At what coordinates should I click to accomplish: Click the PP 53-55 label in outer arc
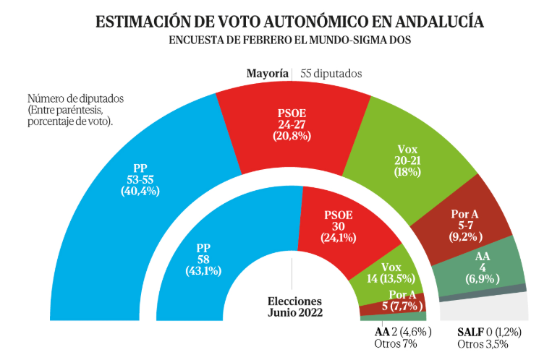140,180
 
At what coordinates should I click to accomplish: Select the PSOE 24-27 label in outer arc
292,124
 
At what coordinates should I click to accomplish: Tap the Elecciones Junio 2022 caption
294,307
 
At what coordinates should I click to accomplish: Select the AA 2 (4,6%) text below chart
403,332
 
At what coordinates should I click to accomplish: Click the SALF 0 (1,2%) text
489,332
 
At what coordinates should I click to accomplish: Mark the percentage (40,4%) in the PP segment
140,191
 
